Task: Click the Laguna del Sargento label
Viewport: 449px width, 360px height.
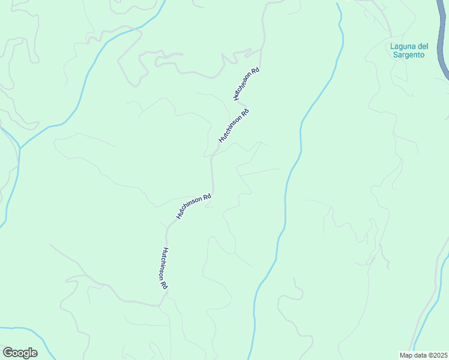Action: coord(407,50)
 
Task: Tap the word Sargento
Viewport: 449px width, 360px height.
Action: coord(407,55)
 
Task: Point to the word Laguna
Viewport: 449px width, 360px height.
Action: coord(402,46)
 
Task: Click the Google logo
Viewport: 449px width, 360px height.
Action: coord(20,353)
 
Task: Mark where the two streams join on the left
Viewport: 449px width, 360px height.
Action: coord(20,148)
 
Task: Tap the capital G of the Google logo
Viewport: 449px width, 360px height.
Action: coord(8,353)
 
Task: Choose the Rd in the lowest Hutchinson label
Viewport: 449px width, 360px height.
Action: coord(163,285)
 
